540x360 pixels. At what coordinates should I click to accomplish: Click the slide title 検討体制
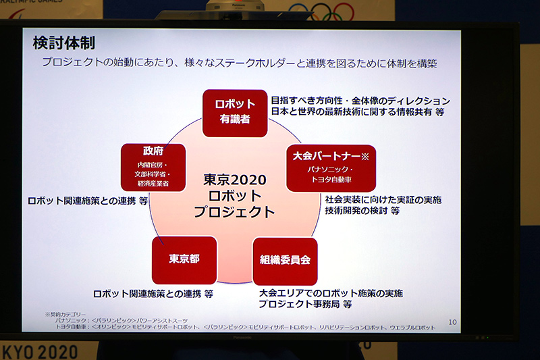[64, 43]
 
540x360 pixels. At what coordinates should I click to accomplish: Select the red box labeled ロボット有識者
[235, 112]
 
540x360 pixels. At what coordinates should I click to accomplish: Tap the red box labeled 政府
[153, 166]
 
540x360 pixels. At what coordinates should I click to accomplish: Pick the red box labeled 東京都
[184, 259]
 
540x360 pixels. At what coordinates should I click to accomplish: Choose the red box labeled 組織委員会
[285, 260]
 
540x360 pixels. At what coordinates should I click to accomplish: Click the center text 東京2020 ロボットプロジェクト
[234, 196]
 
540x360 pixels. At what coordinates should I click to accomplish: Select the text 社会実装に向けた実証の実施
[383, 200]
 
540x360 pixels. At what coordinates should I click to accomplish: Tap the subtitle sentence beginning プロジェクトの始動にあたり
[240, 63]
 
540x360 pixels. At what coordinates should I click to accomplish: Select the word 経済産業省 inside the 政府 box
[153, 183]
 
